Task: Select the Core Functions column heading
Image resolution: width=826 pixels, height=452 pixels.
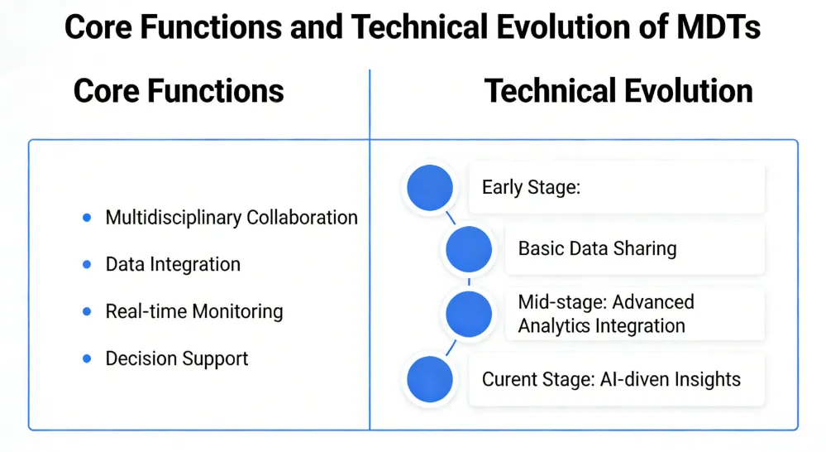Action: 179,91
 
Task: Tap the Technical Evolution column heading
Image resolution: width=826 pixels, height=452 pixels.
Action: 618,91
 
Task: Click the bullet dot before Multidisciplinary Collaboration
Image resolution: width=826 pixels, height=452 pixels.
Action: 87,218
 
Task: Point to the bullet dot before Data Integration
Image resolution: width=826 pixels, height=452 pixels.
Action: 87,265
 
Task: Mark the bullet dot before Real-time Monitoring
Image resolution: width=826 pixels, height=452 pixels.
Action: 87,312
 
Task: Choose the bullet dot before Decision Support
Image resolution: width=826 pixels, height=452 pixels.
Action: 87,359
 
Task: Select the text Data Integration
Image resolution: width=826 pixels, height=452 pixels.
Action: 173,265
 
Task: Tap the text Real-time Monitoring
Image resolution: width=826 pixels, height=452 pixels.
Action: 194,312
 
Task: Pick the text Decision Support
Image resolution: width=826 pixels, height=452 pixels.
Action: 177,359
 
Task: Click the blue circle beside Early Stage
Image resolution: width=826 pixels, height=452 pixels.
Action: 428,188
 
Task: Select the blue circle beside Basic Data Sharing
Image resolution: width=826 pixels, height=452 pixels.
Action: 469,248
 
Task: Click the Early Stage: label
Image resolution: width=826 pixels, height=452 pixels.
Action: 532,187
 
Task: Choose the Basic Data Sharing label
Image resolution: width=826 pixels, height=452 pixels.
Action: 597,248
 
